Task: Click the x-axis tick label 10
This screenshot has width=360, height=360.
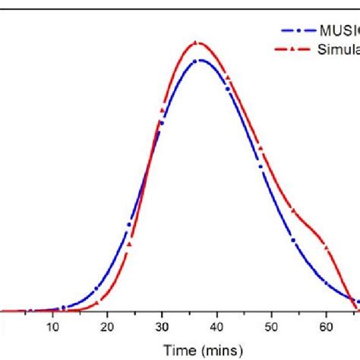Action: click(52, 328)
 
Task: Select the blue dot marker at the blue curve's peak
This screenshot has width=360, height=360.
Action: click(196, 60)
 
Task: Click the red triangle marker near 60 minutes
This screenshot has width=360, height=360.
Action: click(326, 246)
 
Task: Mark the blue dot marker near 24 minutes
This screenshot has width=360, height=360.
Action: click(129, 224)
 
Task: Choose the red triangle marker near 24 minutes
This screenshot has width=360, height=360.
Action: click(129, 244)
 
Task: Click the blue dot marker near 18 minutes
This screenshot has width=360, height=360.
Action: click(96, 289)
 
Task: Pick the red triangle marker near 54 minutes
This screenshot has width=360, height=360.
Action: click(293, 210)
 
